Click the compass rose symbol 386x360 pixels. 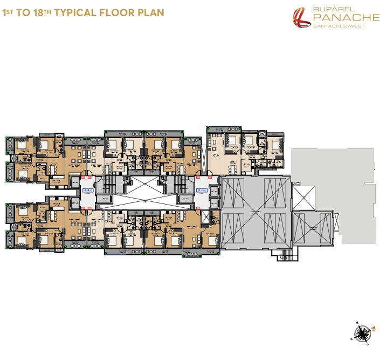363,332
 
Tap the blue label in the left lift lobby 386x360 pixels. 87,191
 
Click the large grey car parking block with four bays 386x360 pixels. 256,212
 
